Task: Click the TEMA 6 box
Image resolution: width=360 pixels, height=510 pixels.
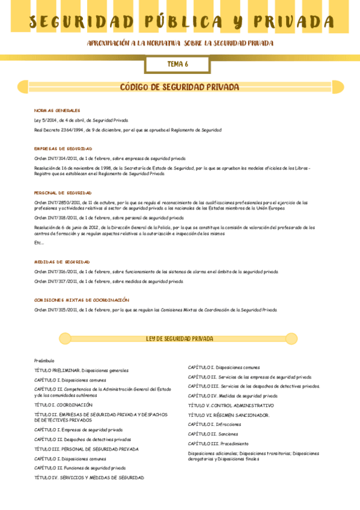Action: coord(177,64)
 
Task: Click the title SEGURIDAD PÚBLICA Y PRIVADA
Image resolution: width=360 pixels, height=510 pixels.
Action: coord(181,22)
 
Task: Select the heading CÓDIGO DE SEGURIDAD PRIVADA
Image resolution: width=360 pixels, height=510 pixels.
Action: coord(180,87)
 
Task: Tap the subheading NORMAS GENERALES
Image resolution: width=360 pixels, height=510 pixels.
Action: coord(57,111)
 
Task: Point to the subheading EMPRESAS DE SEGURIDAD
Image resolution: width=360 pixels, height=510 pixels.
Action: coord(63,149)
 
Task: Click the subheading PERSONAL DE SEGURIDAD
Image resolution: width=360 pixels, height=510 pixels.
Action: coord(63,193)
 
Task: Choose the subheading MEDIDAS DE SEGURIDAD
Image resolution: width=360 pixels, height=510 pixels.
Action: coord(62,262)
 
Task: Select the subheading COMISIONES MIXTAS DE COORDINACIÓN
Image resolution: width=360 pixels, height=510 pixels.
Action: coord(82,300)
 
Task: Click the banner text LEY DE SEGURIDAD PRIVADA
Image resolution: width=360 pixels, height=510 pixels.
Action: coord(180,339)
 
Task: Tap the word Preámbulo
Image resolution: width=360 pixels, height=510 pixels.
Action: coord(44,360)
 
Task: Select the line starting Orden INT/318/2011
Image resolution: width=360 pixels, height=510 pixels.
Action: coord(109,218)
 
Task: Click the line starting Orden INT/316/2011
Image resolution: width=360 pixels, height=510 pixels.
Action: coord(156,272)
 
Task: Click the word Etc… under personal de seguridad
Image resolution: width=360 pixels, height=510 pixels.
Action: coord(39,242)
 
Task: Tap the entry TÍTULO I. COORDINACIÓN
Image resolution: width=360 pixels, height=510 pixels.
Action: coord(63,405)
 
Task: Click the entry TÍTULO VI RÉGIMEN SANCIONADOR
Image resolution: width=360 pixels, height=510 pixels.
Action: coord(228,415)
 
